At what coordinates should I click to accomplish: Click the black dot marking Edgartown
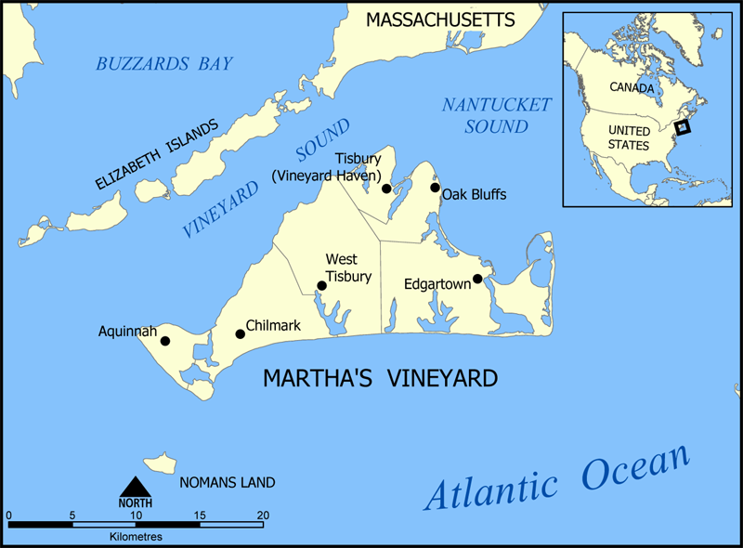(477, 279)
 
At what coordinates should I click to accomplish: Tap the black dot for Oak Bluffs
(435, 188)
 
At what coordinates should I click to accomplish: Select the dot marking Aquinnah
(165, 341)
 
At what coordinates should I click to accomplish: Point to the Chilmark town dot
(240, 333)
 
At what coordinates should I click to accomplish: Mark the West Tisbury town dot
(321, 286)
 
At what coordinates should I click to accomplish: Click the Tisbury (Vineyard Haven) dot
(386, 189)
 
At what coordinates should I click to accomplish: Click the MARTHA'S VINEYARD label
(380, 378)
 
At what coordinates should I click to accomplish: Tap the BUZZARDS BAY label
(164, 64)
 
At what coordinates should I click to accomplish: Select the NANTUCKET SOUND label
(496, 115)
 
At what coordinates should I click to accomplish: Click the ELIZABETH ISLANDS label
(158, 154)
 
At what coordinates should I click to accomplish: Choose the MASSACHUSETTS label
(440, 19)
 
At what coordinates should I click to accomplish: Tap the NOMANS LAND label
(228, 482)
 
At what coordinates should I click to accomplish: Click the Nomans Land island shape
(160, 463)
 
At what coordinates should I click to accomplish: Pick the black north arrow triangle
(136, 486)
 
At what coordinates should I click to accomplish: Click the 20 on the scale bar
(263, 515)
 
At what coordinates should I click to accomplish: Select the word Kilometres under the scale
(136, 537)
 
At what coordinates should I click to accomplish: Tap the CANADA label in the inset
(632, 87)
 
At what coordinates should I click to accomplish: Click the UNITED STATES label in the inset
(629, 138)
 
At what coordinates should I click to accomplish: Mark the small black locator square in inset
(683, 128)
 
